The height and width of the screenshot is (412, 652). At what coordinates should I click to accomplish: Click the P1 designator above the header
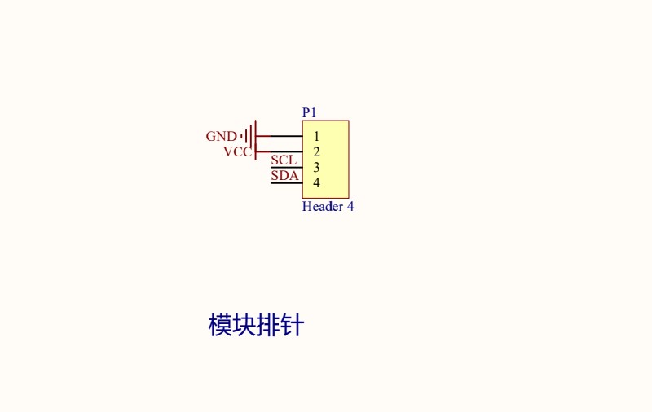coord(309,112)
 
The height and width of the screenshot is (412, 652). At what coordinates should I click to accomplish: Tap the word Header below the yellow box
coord(323,207)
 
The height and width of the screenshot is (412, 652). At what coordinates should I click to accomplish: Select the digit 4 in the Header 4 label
coord(350,207)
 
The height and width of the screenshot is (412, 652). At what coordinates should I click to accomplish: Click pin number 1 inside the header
coord(316,136)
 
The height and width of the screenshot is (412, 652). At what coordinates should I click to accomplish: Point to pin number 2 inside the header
coord(316,152)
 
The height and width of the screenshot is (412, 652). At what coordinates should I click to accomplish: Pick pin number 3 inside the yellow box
coord(316,168)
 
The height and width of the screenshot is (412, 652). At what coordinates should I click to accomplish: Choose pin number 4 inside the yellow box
coord(316,182)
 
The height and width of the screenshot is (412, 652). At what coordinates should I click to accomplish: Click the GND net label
coord(221,136)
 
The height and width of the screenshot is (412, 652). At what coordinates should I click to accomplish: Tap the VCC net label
coord(237,152)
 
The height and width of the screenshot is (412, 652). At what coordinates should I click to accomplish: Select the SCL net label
coord(284,160)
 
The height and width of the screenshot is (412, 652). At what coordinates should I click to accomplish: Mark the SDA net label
coord(284,176)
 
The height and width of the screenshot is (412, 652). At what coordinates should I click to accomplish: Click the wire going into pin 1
coord(280,136)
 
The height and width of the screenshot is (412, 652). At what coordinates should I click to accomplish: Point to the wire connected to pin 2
coord(280,151)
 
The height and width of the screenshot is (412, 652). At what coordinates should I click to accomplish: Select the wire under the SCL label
coord(287,168)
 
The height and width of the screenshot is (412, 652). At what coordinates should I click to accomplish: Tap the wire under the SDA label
coord(287,183)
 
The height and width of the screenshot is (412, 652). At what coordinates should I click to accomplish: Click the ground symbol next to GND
coord(249,136)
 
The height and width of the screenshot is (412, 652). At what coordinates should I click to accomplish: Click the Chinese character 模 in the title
coord(220,325)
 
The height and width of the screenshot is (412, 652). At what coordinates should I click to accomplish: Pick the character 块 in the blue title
coord(244,325)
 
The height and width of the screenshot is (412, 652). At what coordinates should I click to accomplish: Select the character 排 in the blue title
coord(268,325)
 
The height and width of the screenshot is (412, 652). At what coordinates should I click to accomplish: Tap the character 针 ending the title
coord(293,325)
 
